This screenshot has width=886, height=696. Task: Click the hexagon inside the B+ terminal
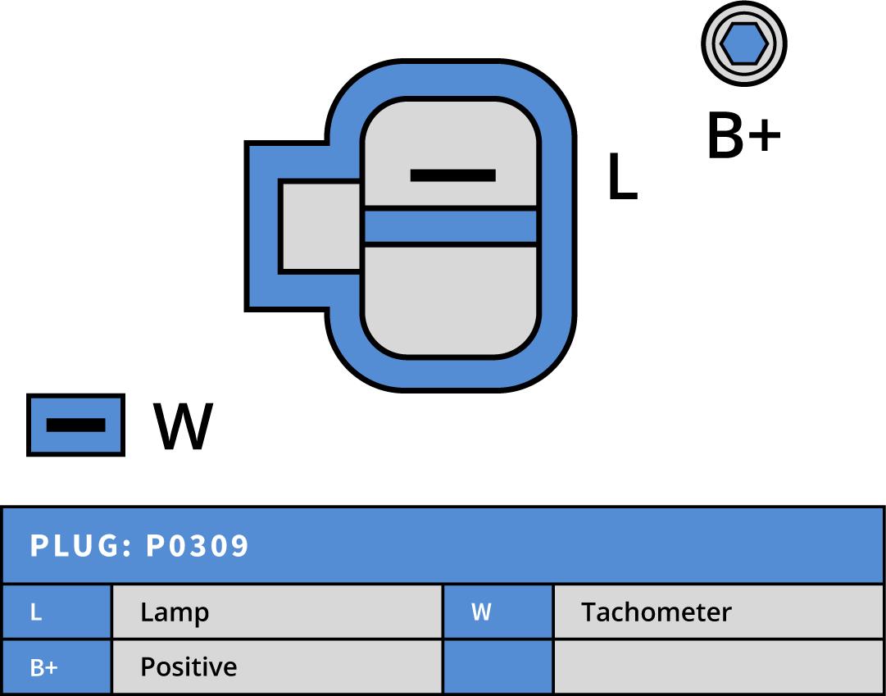[743, 43]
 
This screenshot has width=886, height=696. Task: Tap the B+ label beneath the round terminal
[743, 137]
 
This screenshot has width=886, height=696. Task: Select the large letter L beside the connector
[622, 178]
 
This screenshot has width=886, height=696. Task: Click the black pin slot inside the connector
[452, 175]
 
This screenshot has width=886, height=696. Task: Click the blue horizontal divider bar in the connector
[450, 226]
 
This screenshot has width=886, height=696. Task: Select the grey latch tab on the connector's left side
[320, 226]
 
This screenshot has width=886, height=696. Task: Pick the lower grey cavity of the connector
[450, 299]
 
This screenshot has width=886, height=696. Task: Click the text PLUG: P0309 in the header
[139, 546]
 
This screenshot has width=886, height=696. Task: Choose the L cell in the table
[57, 612]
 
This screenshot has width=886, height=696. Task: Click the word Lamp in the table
[175, 612]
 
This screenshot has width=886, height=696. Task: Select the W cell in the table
[498, 612]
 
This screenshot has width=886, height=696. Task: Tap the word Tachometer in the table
[656, 612]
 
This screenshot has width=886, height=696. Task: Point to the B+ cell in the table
[57, 667]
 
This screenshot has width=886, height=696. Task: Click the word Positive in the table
[189, 667]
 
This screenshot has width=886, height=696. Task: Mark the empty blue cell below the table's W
[498, 667]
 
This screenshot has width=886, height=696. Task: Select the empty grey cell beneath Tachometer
[719, 667]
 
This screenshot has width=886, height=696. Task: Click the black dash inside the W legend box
[75, 425]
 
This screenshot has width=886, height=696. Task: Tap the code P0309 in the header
[198, 546]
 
